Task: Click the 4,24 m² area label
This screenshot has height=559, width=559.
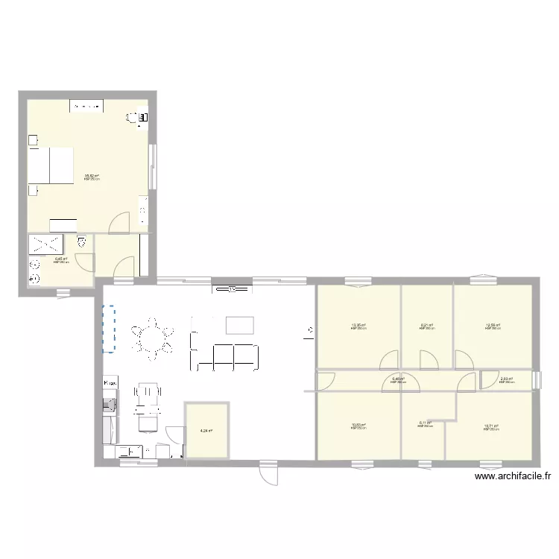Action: [206, 430]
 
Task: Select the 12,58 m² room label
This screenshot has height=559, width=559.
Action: [493, 326]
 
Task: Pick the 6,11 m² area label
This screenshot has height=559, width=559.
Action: [425, 423]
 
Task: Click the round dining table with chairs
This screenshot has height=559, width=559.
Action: [153, 339]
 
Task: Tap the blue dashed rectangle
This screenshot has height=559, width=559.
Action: [109, 329]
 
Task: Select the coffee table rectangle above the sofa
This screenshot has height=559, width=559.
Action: [239, 324]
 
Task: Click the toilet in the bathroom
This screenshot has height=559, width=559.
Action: [81, 241]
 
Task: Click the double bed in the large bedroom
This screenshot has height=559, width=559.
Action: [51, 165]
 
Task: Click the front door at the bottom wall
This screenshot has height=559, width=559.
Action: [268, 473]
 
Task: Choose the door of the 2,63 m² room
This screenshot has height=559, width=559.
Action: [490, 379]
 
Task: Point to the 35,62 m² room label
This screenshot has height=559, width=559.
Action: [92, 177]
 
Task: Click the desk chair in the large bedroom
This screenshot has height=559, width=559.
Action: [133, 117]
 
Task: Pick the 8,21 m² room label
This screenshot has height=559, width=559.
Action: [427, 326]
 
